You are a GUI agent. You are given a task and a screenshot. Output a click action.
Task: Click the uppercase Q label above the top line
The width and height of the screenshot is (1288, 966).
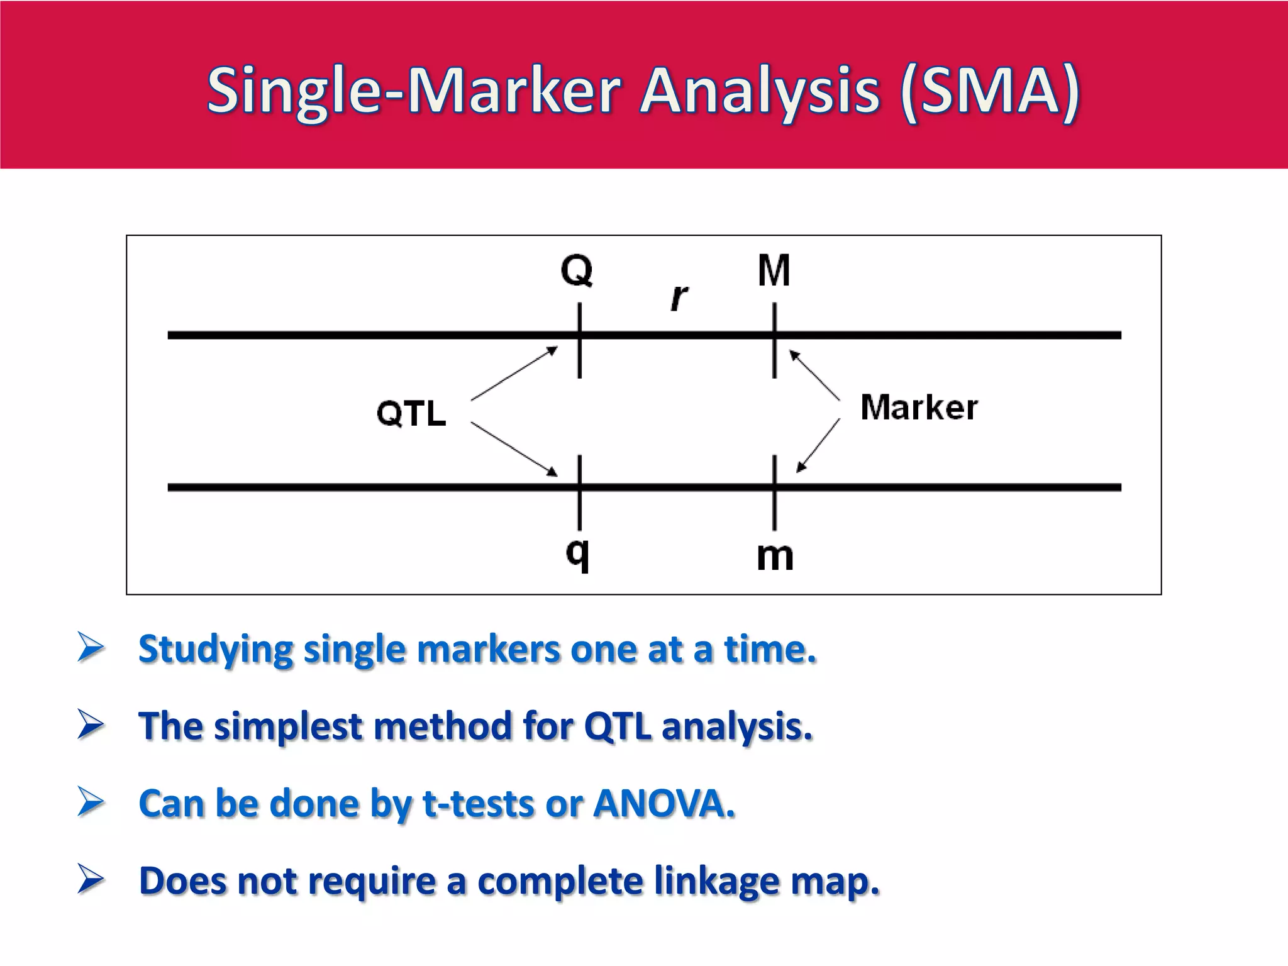tap(577, 270)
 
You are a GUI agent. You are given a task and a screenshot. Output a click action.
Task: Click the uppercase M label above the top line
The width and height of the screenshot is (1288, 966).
tap(774, 270)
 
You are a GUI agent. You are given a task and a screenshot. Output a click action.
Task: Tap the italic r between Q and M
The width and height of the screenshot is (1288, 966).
tap(679, 297)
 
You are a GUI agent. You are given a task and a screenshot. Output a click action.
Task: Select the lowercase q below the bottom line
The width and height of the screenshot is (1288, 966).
tap(578, 554)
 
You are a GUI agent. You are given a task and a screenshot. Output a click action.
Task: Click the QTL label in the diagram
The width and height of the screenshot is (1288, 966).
tap(411, 414)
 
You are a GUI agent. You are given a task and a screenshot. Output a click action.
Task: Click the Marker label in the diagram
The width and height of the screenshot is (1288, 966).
tap(919, 408)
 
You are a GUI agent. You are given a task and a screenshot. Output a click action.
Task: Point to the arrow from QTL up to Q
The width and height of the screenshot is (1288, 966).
tap(514, 374)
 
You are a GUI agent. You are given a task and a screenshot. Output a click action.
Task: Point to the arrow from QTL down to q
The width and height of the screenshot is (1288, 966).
tap(514, 449)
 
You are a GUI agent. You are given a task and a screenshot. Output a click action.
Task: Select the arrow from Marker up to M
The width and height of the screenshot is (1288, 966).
tap(814, 375)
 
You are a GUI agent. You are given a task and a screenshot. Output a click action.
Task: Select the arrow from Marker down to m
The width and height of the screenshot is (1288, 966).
tap(818, 445)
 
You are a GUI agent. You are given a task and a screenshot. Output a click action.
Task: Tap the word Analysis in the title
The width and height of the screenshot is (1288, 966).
tap(760, 92)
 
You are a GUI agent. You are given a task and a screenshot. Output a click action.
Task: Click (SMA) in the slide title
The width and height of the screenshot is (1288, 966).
tap(990, 92)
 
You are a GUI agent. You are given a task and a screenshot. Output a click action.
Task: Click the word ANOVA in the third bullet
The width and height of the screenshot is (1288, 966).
tap(663, 804)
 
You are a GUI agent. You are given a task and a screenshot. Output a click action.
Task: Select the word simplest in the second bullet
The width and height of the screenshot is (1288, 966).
tap(288, 727)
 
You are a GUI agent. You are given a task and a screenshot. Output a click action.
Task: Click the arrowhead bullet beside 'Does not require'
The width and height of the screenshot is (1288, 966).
tap(91, 879)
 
